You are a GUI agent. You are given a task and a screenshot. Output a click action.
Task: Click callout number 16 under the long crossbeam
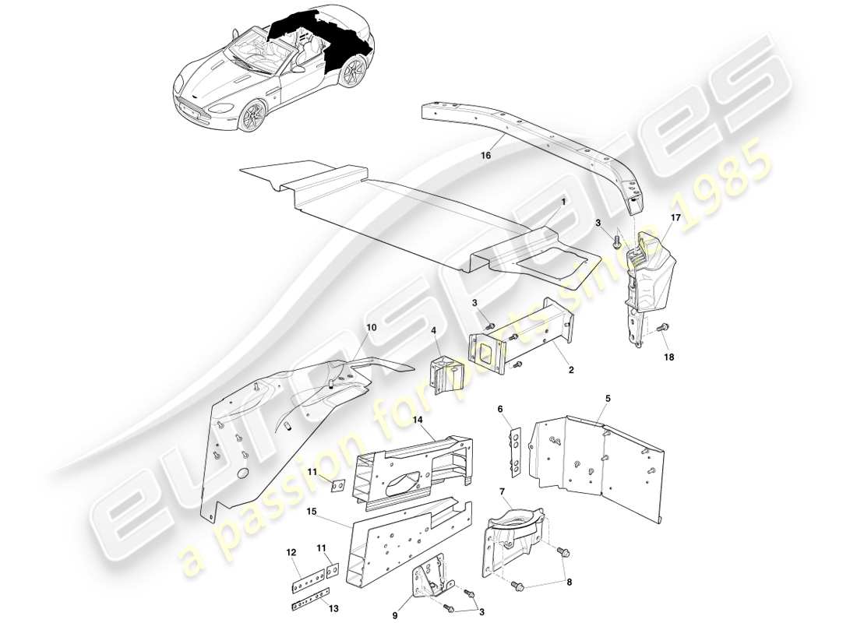click(x=485, y=156)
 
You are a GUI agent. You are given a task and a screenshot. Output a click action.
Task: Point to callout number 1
click(x=562, y=201)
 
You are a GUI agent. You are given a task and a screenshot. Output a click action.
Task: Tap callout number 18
click(x=669, y=357)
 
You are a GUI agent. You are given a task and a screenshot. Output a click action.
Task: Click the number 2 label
click(x=570, y=371)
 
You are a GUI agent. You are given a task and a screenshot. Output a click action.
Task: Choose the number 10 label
click(x=371, y=329)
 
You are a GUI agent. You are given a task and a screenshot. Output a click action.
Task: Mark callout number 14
click(x=418, y=420)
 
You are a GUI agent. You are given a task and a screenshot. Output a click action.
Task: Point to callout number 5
click(x=607, y=399)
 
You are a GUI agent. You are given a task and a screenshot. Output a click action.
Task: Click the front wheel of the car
click(x=254, y=117)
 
